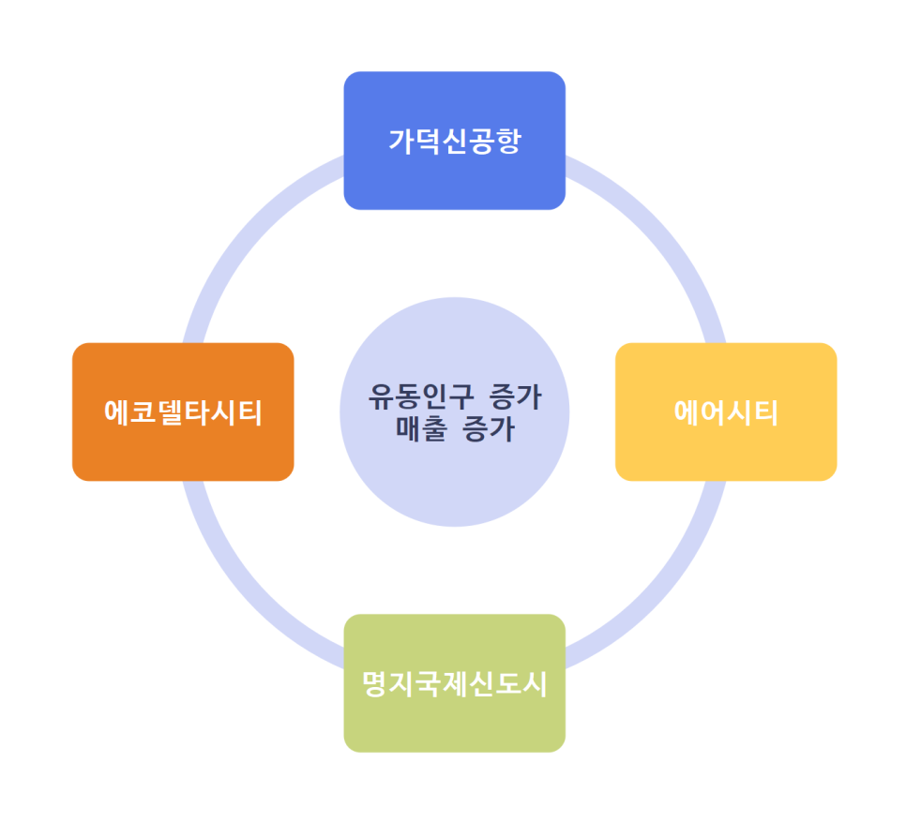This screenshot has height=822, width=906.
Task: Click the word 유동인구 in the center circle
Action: [411, 397]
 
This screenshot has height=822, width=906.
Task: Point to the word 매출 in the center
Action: [423, 429]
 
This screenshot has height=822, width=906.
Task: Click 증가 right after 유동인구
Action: [516, 397]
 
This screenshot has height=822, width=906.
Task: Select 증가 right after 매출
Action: [488, 429]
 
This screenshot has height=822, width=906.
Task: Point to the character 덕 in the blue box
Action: [429, 142]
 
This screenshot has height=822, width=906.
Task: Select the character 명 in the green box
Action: [376, 684]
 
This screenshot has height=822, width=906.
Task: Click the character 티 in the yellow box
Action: [765, 412]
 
